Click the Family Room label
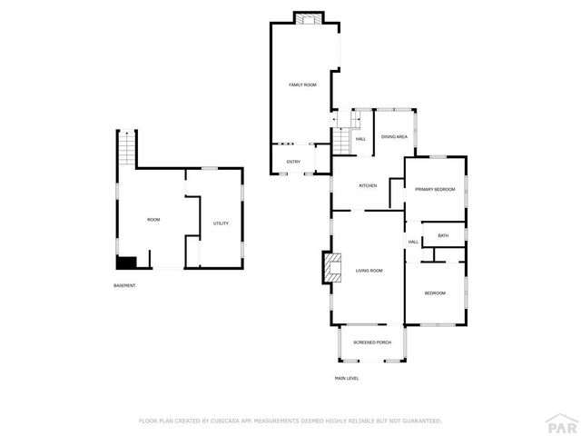302,84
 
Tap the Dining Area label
394,136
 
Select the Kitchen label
368,185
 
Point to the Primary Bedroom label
435,189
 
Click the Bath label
443,236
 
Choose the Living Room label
369,271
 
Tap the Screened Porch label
371,342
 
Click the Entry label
293,162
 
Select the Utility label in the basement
221,223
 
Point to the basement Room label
153,220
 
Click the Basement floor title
124,286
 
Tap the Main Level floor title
347,378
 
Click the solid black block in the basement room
125,263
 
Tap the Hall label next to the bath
413,242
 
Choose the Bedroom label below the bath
435,292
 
